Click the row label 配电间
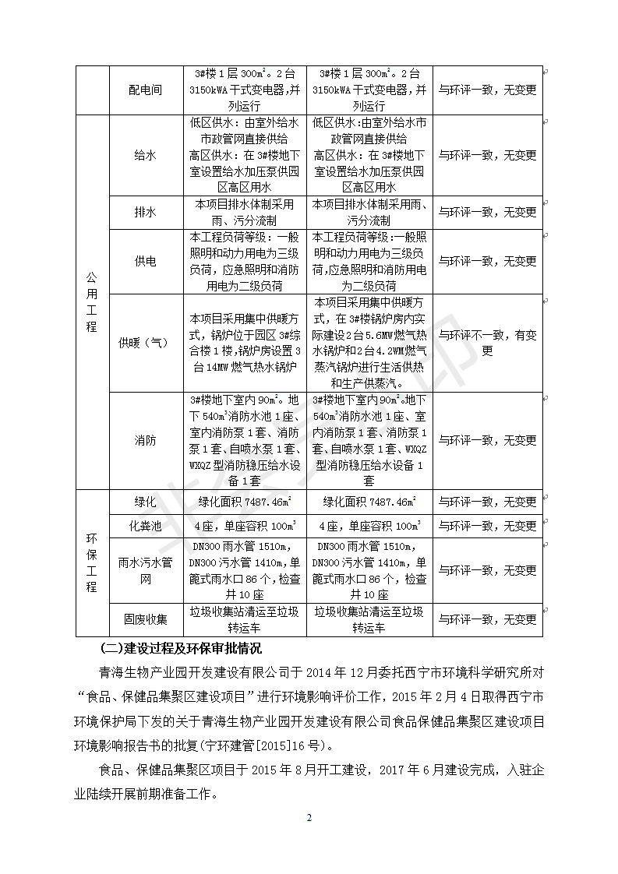click(x=145, y=90)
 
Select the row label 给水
click(x=145, y=155)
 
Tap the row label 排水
click(x=145, y=212)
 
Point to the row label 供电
click(x=145, y=261)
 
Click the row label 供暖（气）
click(x=145, y=343)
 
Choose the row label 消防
click(x=145, y=440)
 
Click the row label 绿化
click(x=145, y=502)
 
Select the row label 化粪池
click(x=145, y=526)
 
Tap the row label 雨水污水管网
click(x=145, y=571)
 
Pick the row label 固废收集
click(x=145, y=619)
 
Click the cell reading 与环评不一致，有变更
click(x=487, y=343)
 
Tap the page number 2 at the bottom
click(x=309, y=817)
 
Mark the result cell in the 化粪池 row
click(x=487, y=526)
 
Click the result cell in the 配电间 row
click(x=487, y=90)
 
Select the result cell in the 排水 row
click(x=487, y=212)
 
